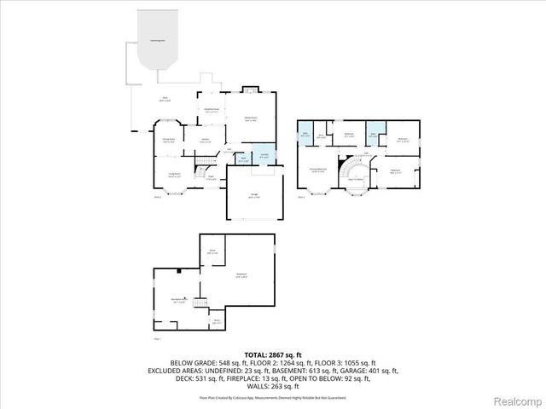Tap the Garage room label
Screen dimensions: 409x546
[x=253, y=197]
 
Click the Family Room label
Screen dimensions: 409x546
[x=251, y=119]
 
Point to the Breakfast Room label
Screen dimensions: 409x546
[x=212, y=110]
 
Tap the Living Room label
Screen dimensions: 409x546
[x=174, y=176]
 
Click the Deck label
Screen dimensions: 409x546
[x=166, y=99]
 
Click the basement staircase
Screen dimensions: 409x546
[x=201, y=303]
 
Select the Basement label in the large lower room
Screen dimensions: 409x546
[x=241, y=274]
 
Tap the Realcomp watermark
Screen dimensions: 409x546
[x=518, y=400]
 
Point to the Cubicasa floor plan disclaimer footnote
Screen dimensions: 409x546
[x=272, y=397]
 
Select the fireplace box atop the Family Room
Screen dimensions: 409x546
[x=251, y=89]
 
